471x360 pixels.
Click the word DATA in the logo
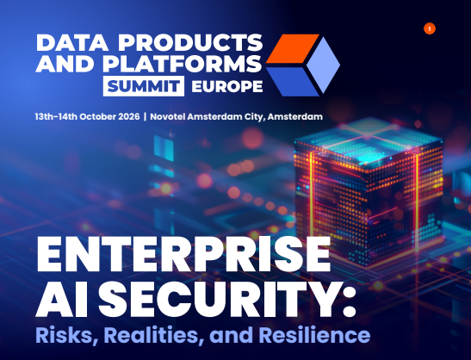tap(72, 43)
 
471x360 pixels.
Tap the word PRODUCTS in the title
tap(190, 43)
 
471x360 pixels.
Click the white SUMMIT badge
tap(144, 86)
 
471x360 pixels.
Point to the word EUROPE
tap(227, 87)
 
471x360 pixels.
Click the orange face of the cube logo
tap(292, 49)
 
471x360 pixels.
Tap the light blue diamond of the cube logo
tap(323, 65)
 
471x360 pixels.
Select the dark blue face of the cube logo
tap(292, 82)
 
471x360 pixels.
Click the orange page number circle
tap(430, 28)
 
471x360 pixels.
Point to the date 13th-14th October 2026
tap(88, 116)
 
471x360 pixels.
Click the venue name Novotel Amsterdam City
tap(206, 116)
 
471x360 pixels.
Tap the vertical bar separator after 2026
tap(145, 116)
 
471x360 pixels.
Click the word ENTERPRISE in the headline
tap(183, 255)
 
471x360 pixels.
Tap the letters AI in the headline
tap(65, 300)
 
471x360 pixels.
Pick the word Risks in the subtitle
tap(68, 335)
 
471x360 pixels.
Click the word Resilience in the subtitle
tap(314, 335)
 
